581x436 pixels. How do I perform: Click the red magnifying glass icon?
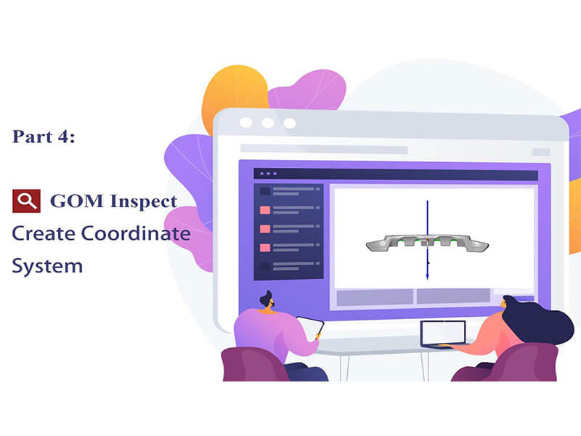26,201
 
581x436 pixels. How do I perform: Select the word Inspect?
142,202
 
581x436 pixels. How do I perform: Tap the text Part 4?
44,137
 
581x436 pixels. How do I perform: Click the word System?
47,265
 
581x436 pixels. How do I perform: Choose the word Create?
44,234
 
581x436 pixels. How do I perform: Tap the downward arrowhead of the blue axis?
428,276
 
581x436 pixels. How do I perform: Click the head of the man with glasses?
266,300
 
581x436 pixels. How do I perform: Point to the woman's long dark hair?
541,320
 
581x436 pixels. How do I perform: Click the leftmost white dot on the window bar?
247,122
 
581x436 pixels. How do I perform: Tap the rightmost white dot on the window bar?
289,122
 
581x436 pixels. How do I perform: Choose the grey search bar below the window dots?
323,149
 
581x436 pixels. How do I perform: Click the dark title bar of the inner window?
396,175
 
